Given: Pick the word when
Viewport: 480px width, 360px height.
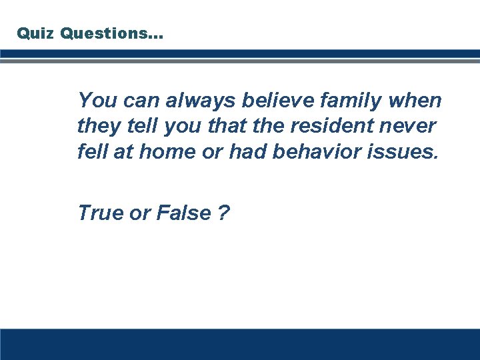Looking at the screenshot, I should (416, 101).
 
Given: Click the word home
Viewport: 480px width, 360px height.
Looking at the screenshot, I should (167, 153).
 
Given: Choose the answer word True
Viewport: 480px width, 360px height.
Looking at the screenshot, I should (101, 213).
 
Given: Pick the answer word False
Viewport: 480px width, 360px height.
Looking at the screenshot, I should (182, 213).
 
